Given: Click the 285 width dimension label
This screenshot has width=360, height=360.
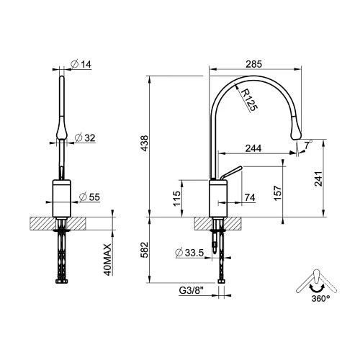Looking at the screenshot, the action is pos(254,64).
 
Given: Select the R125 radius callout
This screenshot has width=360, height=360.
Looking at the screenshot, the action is pos(249,100).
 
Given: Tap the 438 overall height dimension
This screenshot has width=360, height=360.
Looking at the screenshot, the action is pos(145,143).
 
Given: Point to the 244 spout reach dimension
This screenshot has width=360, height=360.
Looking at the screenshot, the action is pos(253,148).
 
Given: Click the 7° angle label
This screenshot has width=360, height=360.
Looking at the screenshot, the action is pos(308,145).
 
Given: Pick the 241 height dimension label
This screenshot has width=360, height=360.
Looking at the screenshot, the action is pos(318,179).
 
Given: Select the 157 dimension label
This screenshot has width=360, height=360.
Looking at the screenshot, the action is pos(277,193).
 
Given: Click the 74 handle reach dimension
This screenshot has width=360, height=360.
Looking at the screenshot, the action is pos(250,198).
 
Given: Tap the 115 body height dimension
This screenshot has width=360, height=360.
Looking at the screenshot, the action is pos(177,199).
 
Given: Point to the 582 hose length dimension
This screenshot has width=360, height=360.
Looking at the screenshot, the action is pos(145,250).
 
